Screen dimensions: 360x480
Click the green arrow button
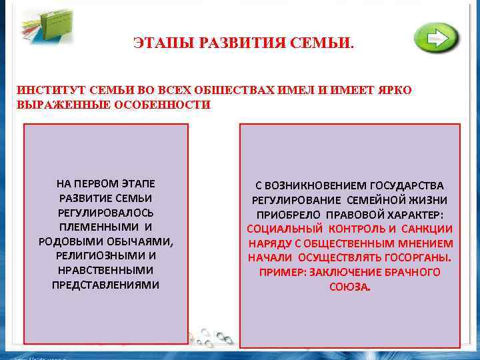click(x=436, y=38)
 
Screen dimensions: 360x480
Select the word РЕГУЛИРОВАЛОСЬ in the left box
click(x=106, y=213)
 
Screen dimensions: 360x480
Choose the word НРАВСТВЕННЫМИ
click(x=106, y=270)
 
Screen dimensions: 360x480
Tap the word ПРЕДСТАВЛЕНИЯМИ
click(x=106, y=285)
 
